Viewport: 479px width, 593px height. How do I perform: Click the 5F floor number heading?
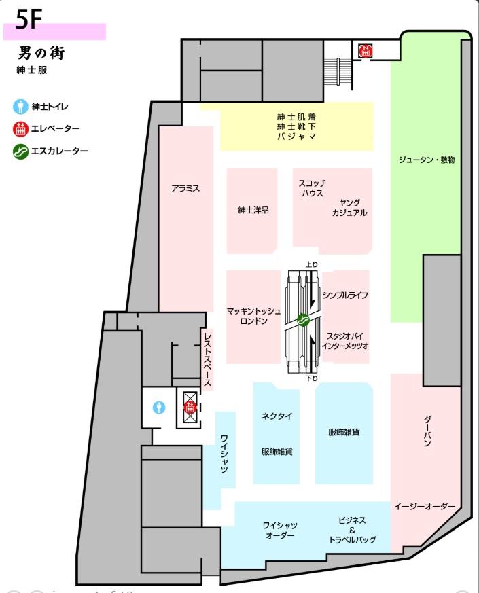pyautogui.click(x=29, y=19)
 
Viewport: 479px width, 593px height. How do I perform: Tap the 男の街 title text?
pyautogui.click(x=41, y=53)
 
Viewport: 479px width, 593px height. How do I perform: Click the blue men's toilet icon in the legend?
pyautogui.click(x=20, y=107)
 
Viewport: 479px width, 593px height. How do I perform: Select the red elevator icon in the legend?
pyautogui.click(x=20, y=129)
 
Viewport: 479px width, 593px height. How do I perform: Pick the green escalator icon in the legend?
pyautogui.click(x=20, y=151)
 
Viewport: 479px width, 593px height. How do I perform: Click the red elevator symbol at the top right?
pyautogui.click(x=366, y=51)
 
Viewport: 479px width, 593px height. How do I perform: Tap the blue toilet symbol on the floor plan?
pyautogui.click(x=159, y=408)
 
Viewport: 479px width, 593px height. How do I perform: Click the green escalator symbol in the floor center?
pyautogui.click(x=302, y=320)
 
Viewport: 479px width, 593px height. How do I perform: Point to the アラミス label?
pyautogui.click(x=185, y=188)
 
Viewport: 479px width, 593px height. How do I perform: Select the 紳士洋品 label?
pyautogui.click(x=253, y=210)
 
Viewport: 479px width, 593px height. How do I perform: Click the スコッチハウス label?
pyautogui.click(x=312, y=188)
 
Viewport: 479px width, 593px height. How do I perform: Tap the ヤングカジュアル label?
pyautogui.click(x=350, y=208)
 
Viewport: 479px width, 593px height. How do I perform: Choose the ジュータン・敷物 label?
pyautogui.click(x=427, y=160)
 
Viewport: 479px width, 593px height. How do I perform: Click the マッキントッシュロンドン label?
pyautogui.click(x=253, y=316)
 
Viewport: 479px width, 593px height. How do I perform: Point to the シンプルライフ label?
pyautogui.click(x=345, y=295)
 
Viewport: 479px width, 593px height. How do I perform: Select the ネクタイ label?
pyautogui.click(x=277, y=416)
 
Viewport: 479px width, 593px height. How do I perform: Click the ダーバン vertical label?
pyautogui.click(x=427, y=431)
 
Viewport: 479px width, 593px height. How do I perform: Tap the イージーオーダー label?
pyautogui.click(x=425, y=507)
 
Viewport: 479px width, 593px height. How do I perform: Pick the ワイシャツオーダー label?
pyautogui.click(x=280, y=531)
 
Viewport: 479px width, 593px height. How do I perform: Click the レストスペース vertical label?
pyautogui.click(x=207, y=359)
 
